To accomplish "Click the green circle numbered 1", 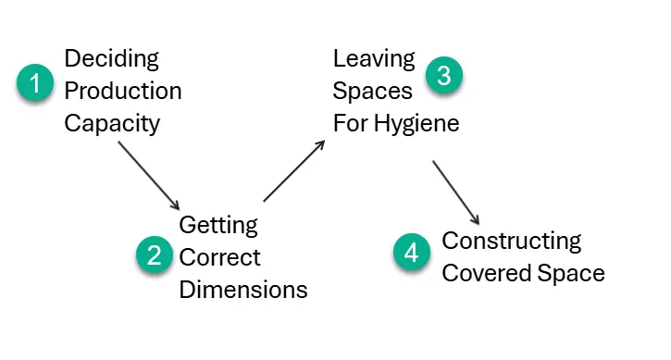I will pyautogui.click(x=36, y=84).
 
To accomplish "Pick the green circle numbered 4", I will pyautogui.click(x=411, y=253).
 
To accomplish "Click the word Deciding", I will pyautogui.click(x=111, y=59).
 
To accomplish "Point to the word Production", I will pyautogui.click(x=122, y=91).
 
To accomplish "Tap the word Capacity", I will pyautogui.click(x=112, y=122).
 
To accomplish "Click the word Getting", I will pyautogui.click(x=217, y=225).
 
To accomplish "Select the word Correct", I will pyautogui.click(x=219, y=256).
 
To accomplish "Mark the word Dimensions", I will pyautogui.click(x=242, y=289).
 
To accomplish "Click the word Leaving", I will pyautogui.click(x=374, y=59).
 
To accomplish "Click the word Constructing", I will pyautogui.click(x=511, y=241).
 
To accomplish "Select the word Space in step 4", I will pyautogui.click(x=572, y=273).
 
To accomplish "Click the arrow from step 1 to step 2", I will pyautogui.click(x=149, y=176).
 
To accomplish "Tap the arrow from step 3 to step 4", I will pyautogui.click(x=455, y=191).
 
